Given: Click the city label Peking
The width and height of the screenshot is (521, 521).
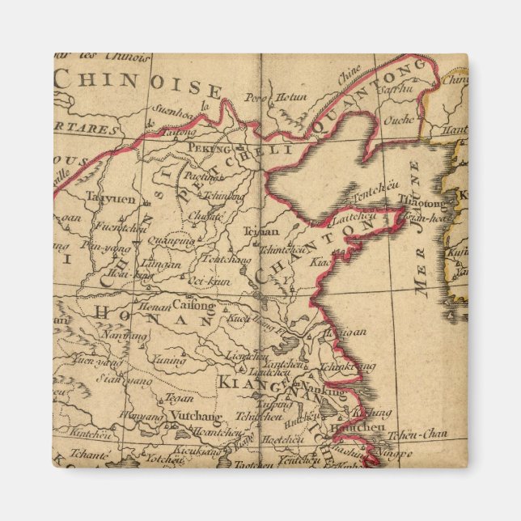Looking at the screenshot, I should (209, 148).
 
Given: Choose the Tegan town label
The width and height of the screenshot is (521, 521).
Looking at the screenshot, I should (180, 397).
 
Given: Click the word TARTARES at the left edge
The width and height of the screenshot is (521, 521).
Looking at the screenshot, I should (87, 129).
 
